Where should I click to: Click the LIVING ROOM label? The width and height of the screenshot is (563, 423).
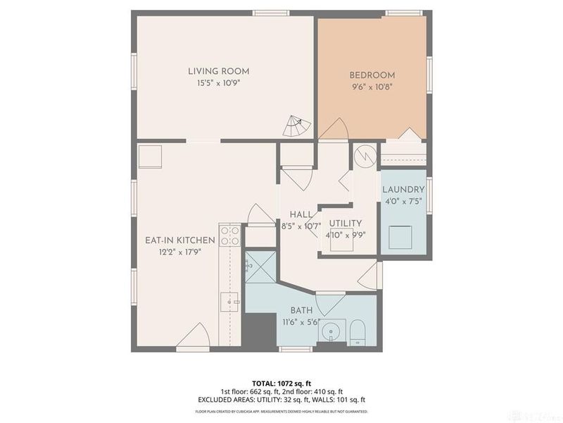[x=218, y=71]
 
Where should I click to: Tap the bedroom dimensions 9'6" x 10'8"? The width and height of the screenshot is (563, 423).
[x=372, y=88]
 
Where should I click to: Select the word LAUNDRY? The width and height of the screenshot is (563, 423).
[x=403, y=190]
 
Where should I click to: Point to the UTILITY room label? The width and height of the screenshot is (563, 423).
[x=346, y=223]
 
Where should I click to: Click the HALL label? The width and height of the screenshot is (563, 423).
[x=301, y=214]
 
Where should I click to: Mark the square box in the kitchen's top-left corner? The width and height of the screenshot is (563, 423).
[x=150, y=157]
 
